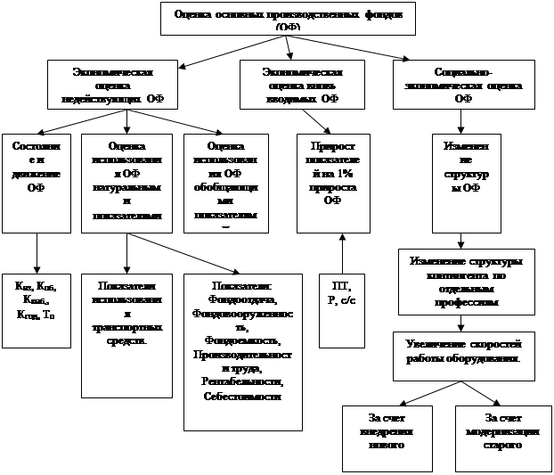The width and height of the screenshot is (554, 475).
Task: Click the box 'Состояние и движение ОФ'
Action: point(37,178)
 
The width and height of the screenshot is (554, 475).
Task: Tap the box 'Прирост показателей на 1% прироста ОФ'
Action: point(332,178)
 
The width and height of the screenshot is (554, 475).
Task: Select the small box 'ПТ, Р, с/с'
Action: point(341,308)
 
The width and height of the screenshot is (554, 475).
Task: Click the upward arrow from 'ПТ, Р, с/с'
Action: point(341,253)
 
